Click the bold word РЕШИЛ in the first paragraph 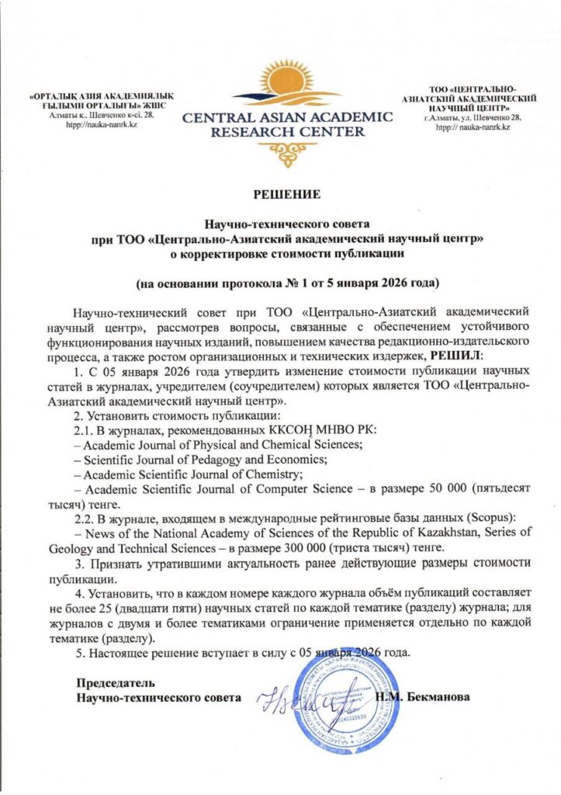[458, 354]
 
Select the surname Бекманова [435, 696]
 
